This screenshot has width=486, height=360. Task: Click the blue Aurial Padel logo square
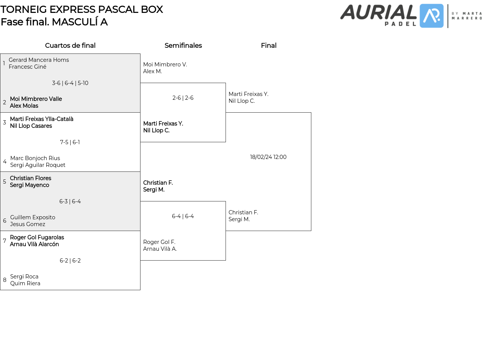pos(432,16)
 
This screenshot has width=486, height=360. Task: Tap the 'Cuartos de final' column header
pos(70,46)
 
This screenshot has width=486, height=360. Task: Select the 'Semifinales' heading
pos(183,46)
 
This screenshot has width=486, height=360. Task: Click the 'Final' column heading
pos(268,46)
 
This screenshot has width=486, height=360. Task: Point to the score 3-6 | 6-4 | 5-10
pos(70,83)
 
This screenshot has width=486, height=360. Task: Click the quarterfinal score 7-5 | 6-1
pos(70,142)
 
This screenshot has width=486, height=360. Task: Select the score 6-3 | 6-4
pos(70,201)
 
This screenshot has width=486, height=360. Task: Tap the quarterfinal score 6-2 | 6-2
pos(70,261)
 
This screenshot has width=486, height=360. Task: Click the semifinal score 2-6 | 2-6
pos(183,98)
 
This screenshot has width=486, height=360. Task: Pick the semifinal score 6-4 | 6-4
pos(183,216)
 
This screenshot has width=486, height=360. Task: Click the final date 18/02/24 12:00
pos(268,157)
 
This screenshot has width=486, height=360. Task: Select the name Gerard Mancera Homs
pos(39,60)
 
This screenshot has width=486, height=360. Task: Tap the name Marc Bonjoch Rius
pos(35,158)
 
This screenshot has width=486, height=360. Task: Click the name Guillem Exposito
pos(33,217)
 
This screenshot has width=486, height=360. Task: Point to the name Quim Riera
pos(25,283)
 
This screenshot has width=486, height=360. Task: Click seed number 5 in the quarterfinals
pos(5,182)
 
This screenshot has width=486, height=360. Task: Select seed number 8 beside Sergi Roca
pos(5,280)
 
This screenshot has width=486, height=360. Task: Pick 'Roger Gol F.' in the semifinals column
pos(159,242)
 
